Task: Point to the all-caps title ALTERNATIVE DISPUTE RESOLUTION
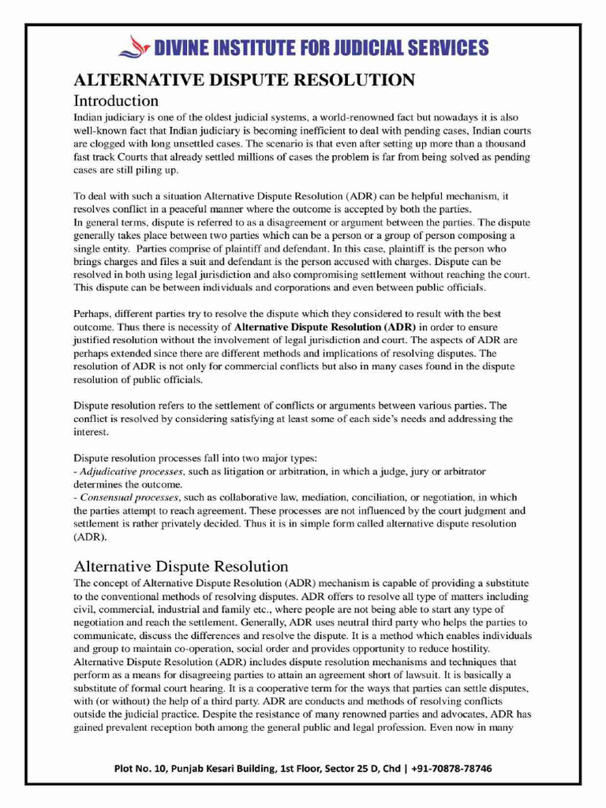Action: (x=244, y=80)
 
